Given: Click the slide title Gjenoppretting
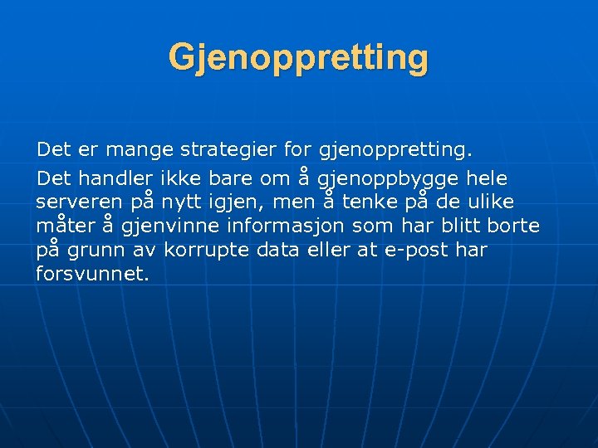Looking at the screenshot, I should (x=298, y=58).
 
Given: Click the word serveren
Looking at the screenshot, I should (x=79, y=202).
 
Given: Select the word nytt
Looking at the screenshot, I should (x=188, y=202).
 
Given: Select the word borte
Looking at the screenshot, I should (x=512, y=226).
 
